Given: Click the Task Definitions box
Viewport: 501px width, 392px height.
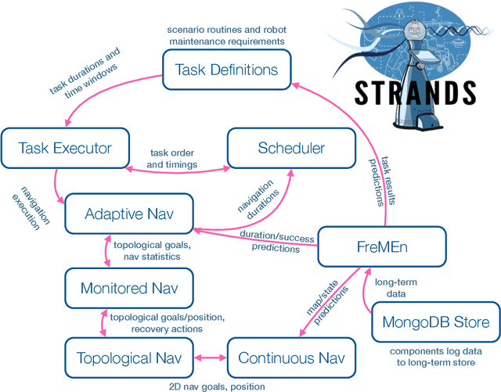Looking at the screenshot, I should pyautogui.click(x=226, y=70).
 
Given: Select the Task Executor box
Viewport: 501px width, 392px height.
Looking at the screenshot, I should pyautogui.click(x=64, y=147).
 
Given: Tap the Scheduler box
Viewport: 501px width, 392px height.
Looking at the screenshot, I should pyautogui.click(x=290, y=147).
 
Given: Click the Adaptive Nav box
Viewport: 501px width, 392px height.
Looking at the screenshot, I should pyautogui.click(x=129, y=214).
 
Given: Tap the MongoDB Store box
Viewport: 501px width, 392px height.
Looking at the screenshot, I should pyautogui.click(x=434, y=322).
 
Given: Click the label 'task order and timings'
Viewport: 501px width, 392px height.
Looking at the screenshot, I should pyautogui.click(x=171, y=159).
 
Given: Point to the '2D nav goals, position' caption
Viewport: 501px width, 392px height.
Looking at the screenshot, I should pyautogui.click(x=216, y=387).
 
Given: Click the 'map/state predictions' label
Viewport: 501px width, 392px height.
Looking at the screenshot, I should pyautogui.click(x=316, y=300).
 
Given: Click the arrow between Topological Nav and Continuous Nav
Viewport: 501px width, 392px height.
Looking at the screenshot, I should pyautogui.click(x=208, y=358).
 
